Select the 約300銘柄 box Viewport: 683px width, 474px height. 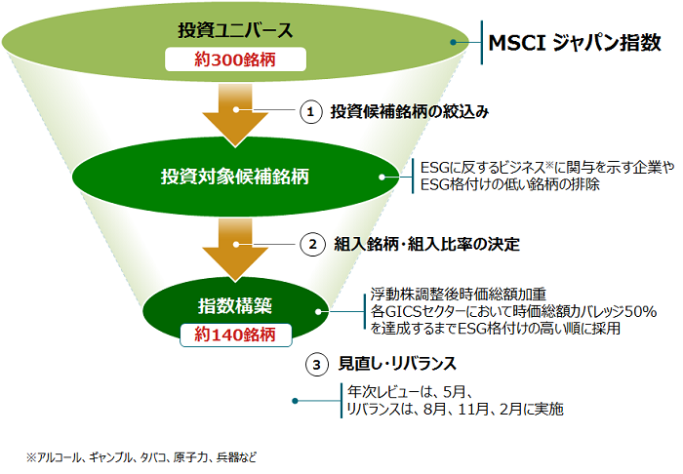click(x=234, y=59)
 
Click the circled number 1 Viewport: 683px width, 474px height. click(x=310, y=112)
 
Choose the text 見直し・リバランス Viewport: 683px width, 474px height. click(x=397, y=365)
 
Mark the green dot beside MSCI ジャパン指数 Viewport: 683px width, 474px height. click(x=455, y=43)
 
